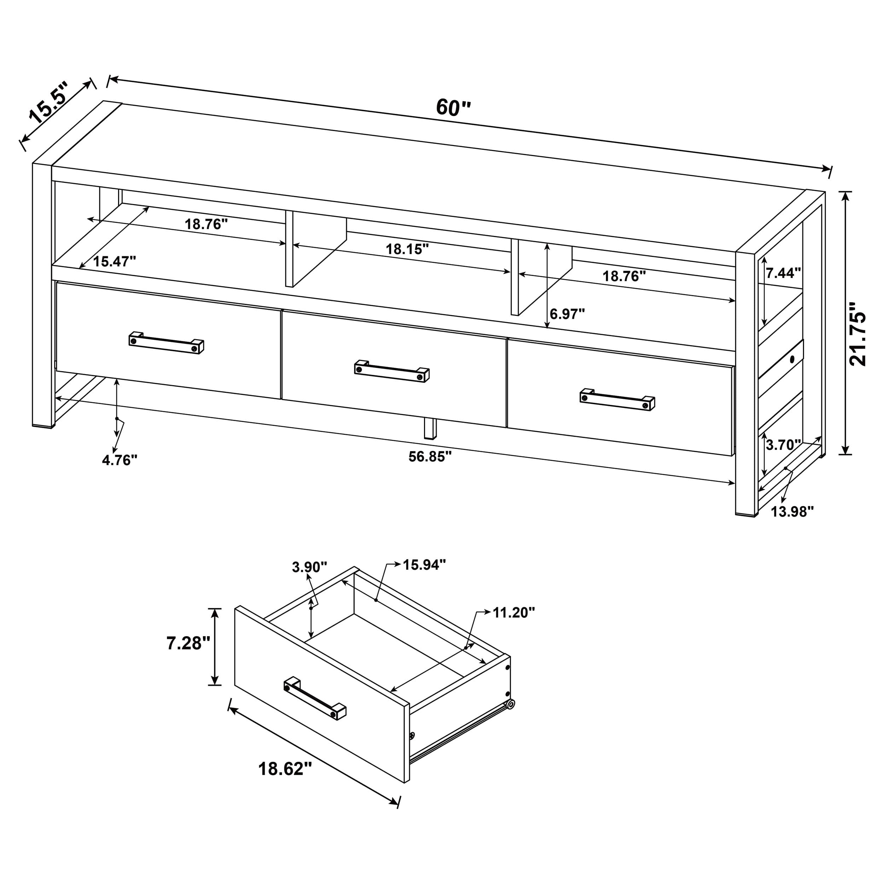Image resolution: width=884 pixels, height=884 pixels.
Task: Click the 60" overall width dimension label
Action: (x=453, y=107)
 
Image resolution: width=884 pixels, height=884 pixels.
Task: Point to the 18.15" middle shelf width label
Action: (x=407, y=249)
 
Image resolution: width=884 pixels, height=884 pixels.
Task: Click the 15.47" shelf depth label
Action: (x=114, y=262)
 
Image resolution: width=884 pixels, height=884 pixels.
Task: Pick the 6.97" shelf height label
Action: (x=568, y=314)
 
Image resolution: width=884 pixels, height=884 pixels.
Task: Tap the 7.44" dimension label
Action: (x=783, y=273)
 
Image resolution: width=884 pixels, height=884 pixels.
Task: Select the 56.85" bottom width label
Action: (x=430, y=456)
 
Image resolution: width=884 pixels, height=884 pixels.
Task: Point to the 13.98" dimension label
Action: (x=792, y=512)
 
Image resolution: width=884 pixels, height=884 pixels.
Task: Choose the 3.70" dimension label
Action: (x=783, y=445)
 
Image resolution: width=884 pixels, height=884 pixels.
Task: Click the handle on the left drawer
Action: (x=166, y=343)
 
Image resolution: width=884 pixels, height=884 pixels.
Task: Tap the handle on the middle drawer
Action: (x=392, y=371)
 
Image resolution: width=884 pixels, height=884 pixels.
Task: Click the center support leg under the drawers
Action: (x=430, y=428)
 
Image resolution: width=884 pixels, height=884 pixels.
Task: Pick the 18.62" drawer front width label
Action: (x=285, y=769)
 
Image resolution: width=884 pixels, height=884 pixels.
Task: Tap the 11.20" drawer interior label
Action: (x=513, y=613)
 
